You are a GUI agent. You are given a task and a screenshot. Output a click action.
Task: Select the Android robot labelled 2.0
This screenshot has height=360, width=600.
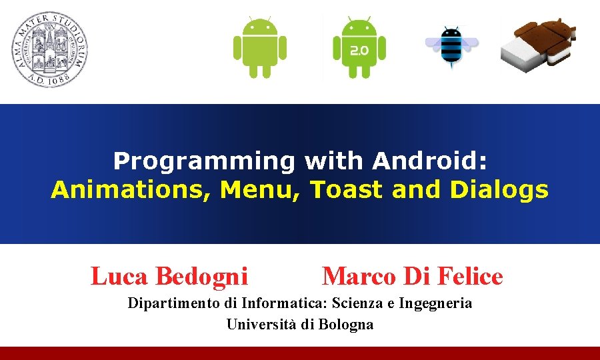click(359, 47)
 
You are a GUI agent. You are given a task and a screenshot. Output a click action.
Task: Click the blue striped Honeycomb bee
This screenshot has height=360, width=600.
click(452, 47)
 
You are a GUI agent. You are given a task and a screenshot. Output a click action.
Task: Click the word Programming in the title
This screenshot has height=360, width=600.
click(203, 161)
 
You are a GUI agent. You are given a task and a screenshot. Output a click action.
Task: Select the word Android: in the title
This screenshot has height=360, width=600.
click(430, 161)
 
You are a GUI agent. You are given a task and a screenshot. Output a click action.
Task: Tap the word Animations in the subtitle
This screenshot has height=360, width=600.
click(131, 190)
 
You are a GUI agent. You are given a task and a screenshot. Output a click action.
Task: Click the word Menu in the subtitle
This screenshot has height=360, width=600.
click(263, 190)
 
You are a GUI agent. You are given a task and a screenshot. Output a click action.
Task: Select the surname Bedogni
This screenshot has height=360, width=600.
click(201, 276)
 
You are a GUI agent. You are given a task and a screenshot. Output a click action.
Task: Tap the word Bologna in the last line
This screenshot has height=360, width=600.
click(345, 325)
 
